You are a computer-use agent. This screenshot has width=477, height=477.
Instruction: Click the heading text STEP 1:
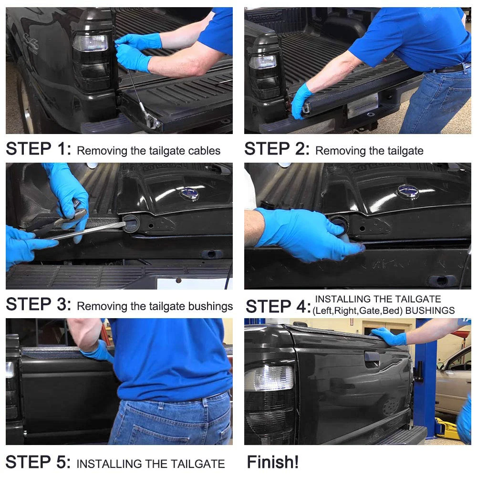point(38,149)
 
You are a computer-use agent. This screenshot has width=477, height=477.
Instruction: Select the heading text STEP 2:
point(277,149)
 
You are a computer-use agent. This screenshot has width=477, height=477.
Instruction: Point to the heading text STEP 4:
point(278,306)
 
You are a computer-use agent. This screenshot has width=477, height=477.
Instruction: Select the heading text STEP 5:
point(38,462)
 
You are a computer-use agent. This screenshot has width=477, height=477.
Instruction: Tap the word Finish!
point(272,462)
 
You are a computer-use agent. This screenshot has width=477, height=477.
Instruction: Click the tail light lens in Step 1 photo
point(90,43)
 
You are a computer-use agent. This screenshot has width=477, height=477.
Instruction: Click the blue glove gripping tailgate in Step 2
point(302,100)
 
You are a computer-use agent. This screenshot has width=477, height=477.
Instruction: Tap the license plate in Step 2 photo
point(363,105)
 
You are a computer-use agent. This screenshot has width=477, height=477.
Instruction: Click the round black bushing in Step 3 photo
point(131,223)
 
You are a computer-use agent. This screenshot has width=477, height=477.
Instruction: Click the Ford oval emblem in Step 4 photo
point(408,191)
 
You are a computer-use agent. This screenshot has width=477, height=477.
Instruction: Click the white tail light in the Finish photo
point(269,378)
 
